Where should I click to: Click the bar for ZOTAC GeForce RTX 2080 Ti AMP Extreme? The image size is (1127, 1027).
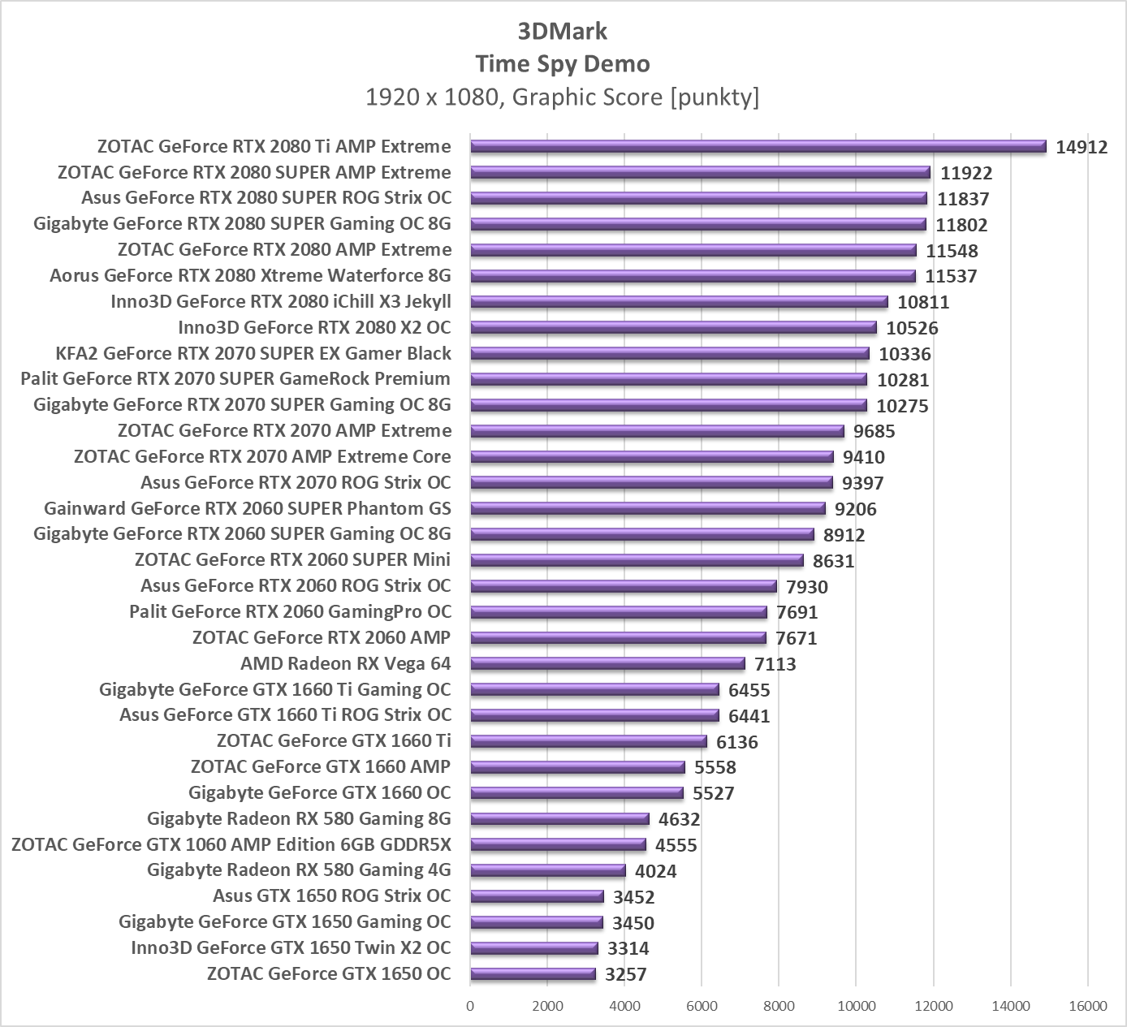[758, 147]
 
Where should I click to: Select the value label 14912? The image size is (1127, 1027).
[1082, 147]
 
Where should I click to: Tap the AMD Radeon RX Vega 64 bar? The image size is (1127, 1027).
[607, 664]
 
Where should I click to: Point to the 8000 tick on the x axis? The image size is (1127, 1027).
[779, 1007]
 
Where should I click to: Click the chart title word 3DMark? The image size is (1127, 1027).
[563, 32]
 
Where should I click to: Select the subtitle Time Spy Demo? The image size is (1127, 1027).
[563, 64]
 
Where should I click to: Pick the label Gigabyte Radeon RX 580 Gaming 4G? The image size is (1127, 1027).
[299, 870]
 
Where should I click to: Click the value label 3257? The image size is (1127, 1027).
[626, 974]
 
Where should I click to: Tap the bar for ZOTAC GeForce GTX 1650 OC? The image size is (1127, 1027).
[533, 974]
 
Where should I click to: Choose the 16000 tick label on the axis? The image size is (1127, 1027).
[1087, 1007]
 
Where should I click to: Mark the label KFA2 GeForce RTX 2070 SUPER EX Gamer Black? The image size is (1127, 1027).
[253, 353]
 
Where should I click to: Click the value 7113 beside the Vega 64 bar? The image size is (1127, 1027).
[775, 664]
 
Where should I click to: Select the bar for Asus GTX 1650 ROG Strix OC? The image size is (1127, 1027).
[537, 896]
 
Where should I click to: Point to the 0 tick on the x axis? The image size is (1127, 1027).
[470, 1007]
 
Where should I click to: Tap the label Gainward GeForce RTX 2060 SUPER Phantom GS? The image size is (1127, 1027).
[248, 509]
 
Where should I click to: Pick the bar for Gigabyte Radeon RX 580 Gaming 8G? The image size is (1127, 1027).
[559, 819]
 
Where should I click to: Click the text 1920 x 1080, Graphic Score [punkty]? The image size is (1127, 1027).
[563, 97]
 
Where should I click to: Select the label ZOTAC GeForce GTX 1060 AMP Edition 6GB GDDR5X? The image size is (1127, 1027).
[231, 844]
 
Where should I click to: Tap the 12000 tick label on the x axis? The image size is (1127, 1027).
[933, 1007]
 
